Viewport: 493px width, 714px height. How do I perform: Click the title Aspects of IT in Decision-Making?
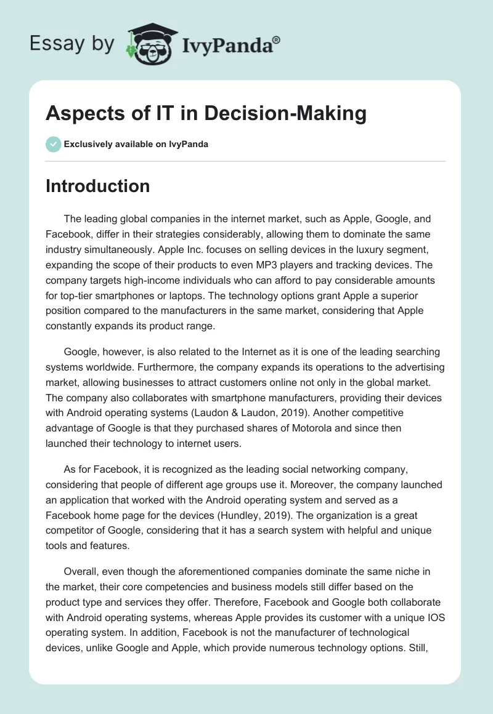(206, 113)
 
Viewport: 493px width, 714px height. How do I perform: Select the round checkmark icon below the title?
(53, 144)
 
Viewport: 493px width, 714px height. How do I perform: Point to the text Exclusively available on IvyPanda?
(136, 145)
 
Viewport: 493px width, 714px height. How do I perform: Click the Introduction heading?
(97, 186)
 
